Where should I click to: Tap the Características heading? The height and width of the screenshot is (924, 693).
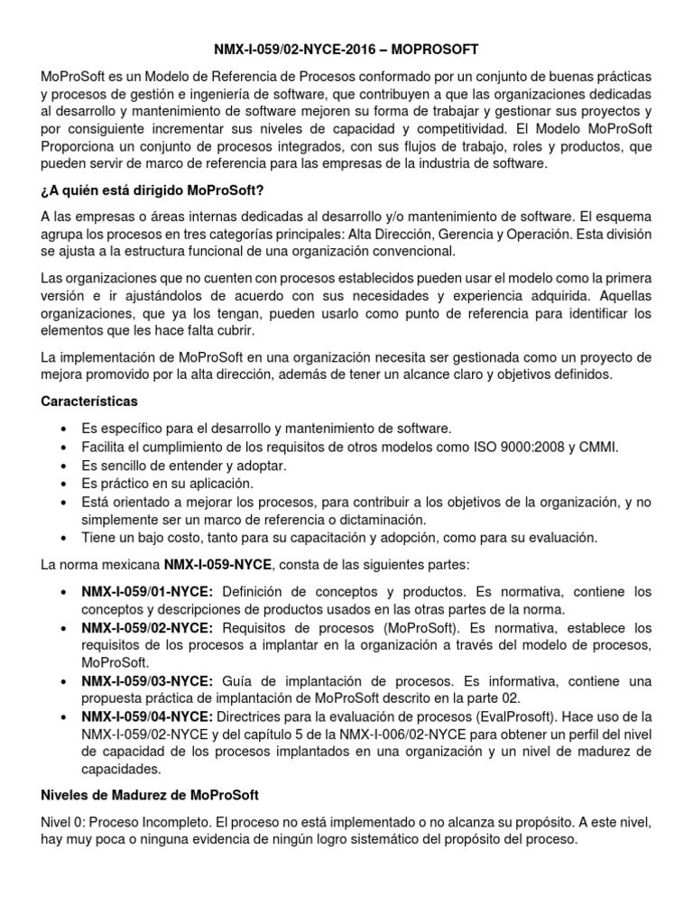coord(89,400)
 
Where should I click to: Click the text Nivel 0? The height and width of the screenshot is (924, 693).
coord(68,823)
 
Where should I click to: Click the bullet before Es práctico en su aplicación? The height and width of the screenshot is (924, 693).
coord(61,483)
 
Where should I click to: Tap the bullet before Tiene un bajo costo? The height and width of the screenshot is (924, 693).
coord(61,538)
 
